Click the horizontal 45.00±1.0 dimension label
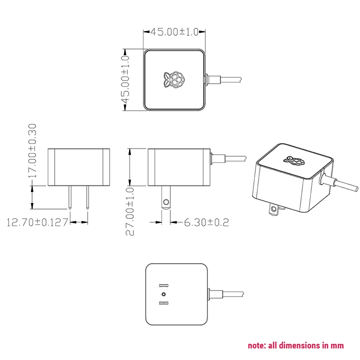tap(174, 32)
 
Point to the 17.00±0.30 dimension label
tap(32, 151)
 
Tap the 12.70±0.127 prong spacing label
tap(37, 222)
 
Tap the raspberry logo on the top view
tap(174, 80)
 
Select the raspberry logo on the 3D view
tap(292, 160)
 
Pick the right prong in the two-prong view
tap(88, 198)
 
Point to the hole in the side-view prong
tap(166, 202)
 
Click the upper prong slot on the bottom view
tap(163, 285)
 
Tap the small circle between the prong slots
tap(163, 294)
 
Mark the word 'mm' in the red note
tap(337, 346)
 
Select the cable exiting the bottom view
tap(229, 294)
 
